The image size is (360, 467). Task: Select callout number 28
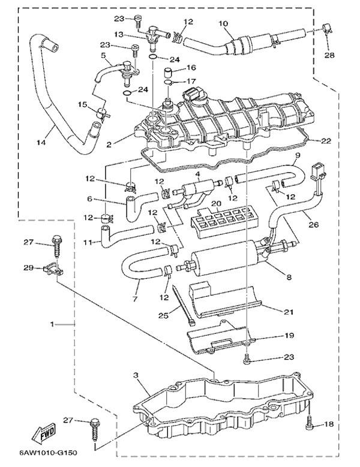[x=329, y=56]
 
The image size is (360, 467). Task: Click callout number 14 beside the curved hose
[x=41, y=143]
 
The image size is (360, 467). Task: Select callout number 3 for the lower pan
[x=136, y=376]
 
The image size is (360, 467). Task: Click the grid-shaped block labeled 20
[x=221, y=222]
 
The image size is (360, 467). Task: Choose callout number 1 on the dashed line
[x=54, y=324]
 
